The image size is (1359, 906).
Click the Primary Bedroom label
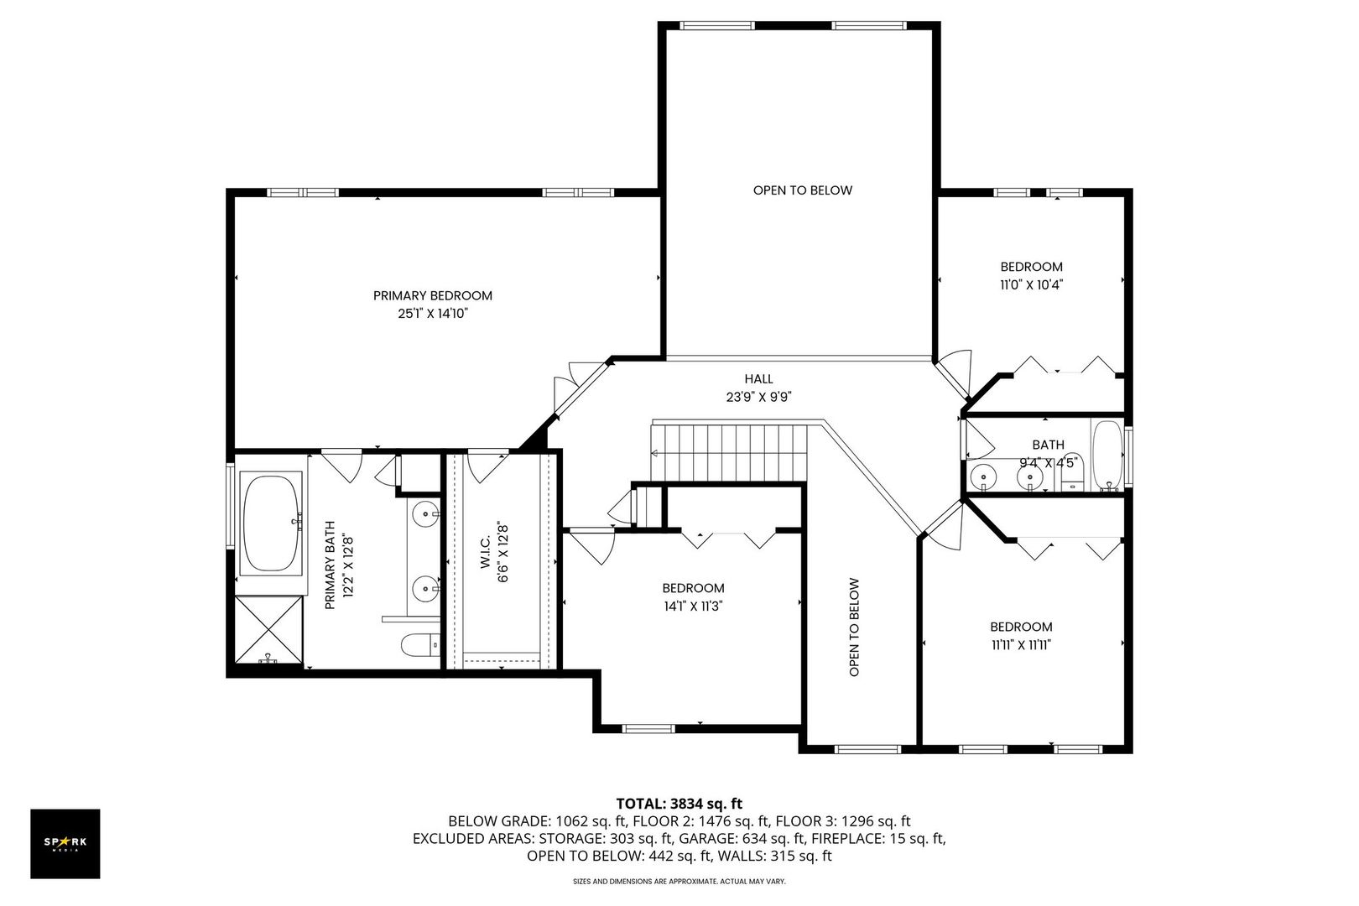[x=432, y=295]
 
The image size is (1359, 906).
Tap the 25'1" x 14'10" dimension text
[x=432, y=314]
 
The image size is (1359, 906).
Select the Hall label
[x=758, y=379]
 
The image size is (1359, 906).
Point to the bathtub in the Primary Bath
[x=272, y=524]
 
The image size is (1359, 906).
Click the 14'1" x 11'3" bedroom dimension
[x=693, y=606]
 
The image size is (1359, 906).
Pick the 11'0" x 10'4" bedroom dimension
[x=1031, y=284]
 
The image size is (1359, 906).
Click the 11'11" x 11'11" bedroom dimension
[x=1021, y=644]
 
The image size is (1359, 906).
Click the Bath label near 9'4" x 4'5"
[x=1048, y=445]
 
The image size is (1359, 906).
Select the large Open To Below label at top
[x=802, y=190]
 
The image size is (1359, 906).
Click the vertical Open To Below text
[x=854, y=626]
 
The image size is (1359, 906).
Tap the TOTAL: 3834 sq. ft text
[x=679, y=803]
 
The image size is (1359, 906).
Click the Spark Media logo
[x=65, y=844]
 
